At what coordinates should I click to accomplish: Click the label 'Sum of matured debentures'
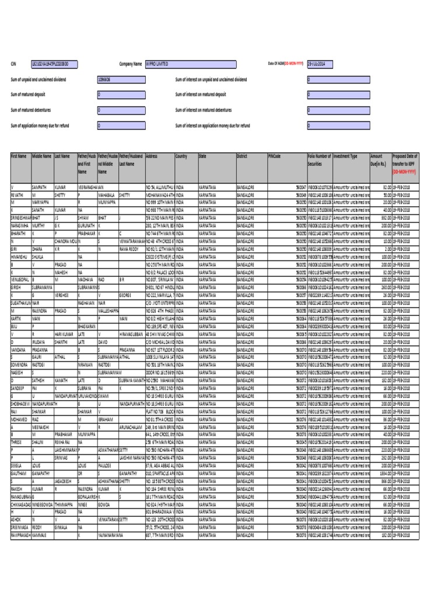pyautogui.click(x=34, y=110)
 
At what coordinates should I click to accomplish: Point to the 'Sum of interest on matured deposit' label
pyautogui.click(x=201, y=94)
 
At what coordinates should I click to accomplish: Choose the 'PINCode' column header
pyautogui.click(x=274, y=157)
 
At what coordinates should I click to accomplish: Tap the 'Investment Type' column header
pyautogui.click(x=345, y=157)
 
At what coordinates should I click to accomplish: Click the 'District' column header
pyautogui.click(x=242, y=157)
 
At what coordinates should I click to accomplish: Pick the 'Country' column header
pyautogui.click(x=181, y=157)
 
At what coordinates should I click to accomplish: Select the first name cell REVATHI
pyautogui.click(x=17, y=195)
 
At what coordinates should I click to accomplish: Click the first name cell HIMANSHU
pyautogui.click(x=19, y=256)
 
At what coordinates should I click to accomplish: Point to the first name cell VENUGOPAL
pyautogui.click(x=20, y=280)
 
